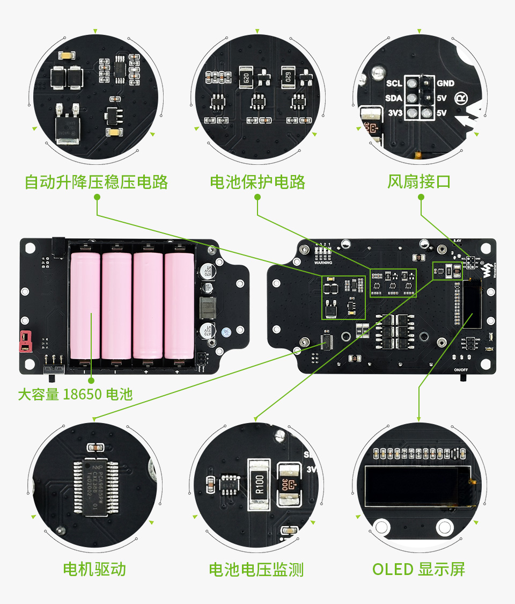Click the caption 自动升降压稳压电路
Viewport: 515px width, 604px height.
pos(97,182)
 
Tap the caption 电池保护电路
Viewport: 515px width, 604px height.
pos(257,182)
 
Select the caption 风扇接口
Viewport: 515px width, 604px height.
pos(419,182)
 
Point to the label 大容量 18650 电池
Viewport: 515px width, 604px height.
pos(75,394)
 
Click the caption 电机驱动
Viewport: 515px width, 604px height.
pos(94,569)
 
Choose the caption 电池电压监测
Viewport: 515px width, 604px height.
pos(256,569)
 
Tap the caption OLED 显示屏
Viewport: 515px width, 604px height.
pos(418,569)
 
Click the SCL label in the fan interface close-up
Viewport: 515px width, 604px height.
pos(394,84)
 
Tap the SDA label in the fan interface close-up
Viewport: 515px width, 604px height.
pos(394,99)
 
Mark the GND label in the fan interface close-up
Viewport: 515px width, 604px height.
pos(445,84)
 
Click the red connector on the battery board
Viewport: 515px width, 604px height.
pos(25,341)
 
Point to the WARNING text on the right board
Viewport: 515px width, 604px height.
pos(323,263)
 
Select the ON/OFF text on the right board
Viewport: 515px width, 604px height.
pos(461,370)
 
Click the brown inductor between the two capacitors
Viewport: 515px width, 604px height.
pos(207,307)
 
